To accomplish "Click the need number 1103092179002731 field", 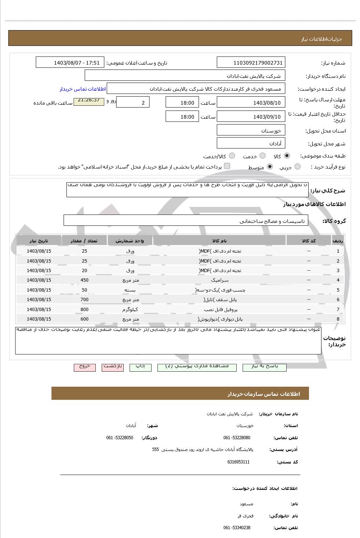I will click(251, 62).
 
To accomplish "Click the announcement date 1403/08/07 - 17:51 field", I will click(70, 62).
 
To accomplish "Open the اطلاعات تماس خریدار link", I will click(83, 89).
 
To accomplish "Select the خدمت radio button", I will click(262, 156).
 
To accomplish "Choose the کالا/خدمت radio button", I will click(232, 156).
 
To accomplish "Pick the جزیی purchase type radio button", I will click(297, 167).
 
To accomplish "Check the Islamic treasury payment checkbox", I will click(227, 166).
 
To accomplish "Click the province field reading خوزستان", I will click(251, 130).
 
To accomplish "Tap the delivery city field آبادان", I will click(251, 143).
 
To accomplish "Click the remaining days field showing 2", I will click(132, 102).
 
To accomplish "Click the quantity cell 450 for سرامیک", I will click(84, 280).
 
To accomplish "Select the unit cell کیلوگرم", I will click(130, 309).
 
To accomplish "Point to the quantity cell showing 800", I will click(84, 309).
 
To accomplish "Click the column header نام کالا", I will click(219, 241).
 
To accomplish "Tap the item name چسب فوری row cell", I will click(219, 290).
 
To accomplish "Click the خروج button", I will click(85, 367).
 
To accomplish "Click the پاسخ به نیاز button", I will click(264, 367).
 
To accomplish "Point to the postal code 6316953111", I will click(239, 462).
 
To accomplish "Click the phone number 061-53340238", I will click(237, 528).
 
